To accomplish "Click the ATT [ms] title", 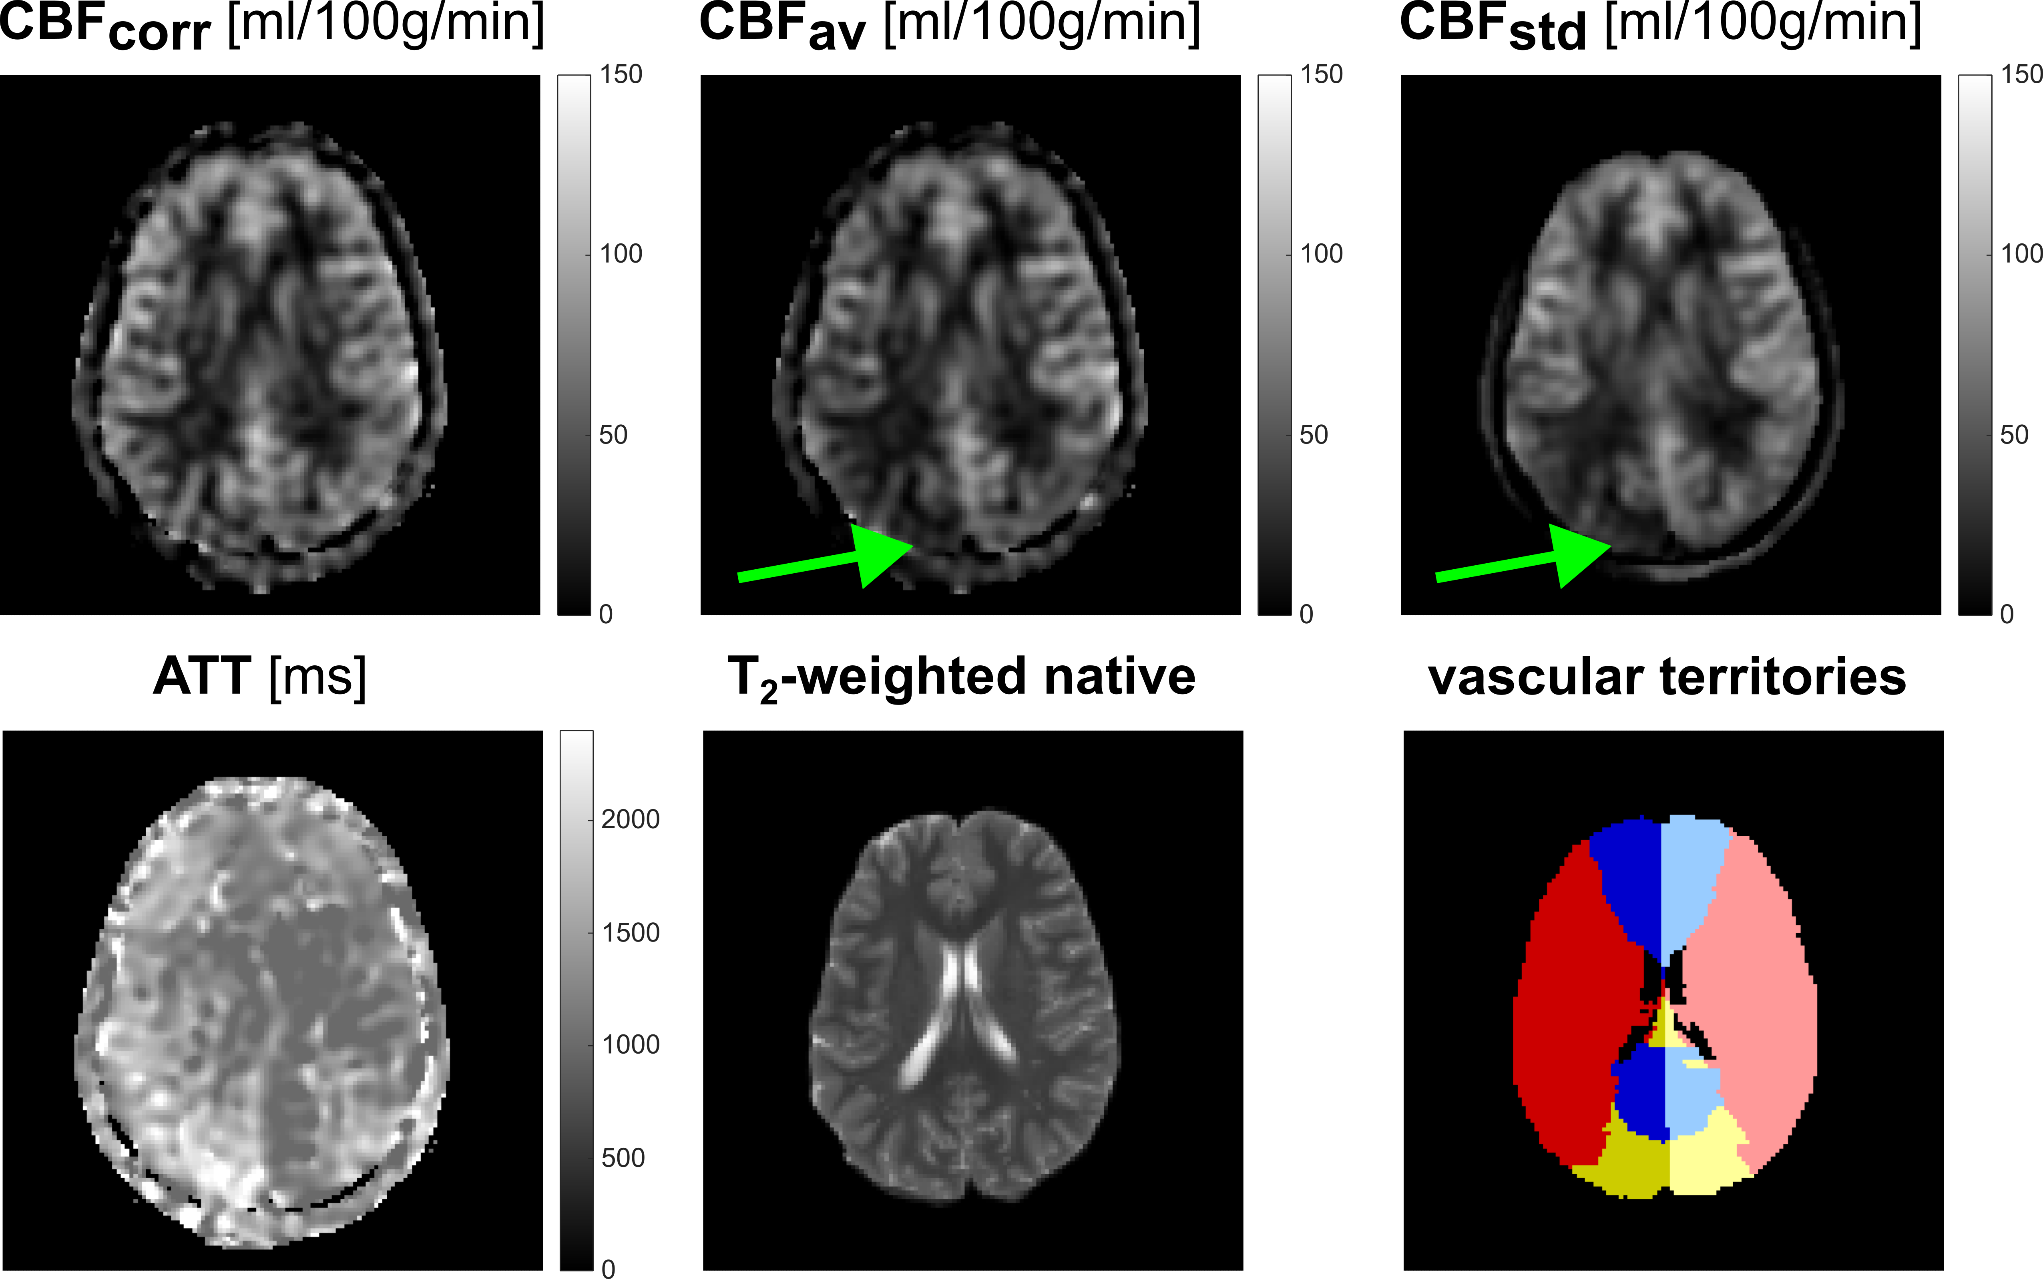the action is coord(260,677).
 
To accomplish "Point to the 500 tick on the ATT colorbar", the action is coord(623,1157).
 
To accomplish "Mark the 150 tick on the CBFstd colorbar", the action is coord(2021,74).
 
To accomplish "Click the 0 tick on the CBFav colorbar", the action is coord(1306,614).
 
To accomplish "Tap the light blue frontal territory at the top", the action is coord(1692,880).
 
